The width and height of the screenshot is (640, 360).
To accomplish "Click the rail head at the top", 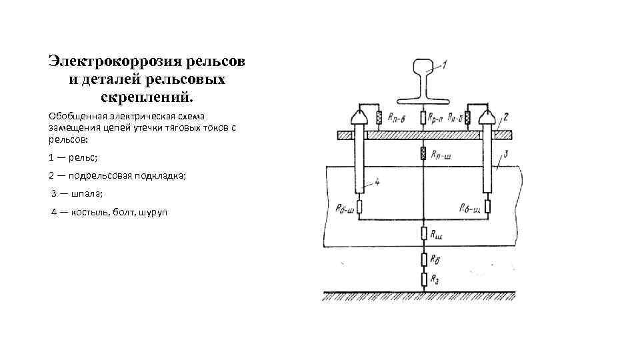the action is (x=423, y=67).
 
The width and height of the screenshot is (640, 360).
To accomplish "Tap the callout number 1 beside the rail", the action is (x=445, y=65).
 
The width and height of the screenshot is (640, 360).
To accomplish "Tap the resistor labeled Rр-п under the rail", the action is (x=423, y=119).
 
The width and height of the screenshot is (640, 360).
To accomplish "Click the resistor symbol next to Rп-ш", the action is (x=423, y=154).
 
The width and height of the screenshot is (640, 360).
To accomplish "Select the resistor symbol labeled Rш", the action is (x=423, y=233).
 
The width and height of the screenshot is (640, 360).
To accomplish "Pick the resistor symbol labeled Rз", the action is (x=423, y=278).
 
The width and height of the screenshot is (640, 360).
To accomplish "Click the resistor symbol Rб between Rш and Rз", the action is (x=423, y=258).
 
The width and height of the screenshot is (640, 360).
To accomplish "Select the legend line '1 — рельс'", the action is (x=73, y=157).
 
